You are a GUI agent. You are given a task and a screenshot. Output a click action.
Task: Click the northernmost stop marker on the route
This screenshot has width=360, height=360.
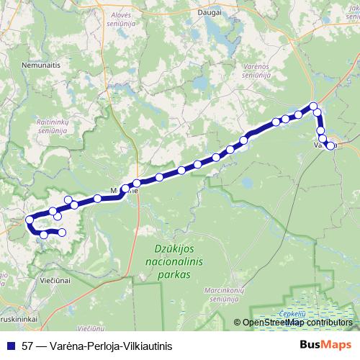tap(313, 106)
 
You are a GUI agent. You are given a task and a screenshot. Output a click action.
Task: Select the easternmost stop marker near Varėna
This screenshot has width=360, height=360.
tap(331, 145)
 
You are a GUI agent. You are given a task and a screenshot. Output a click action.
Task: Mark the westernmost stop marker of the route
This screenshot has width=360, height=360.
tap(30, 220)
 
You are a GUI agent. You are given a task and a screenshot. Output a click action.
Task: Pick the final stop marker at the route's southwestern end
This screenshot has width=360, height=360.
tap(62, 232)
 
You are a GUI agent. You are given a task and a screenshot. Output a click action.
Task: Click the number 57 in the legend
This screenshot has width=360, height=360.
tap(28, 345)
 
